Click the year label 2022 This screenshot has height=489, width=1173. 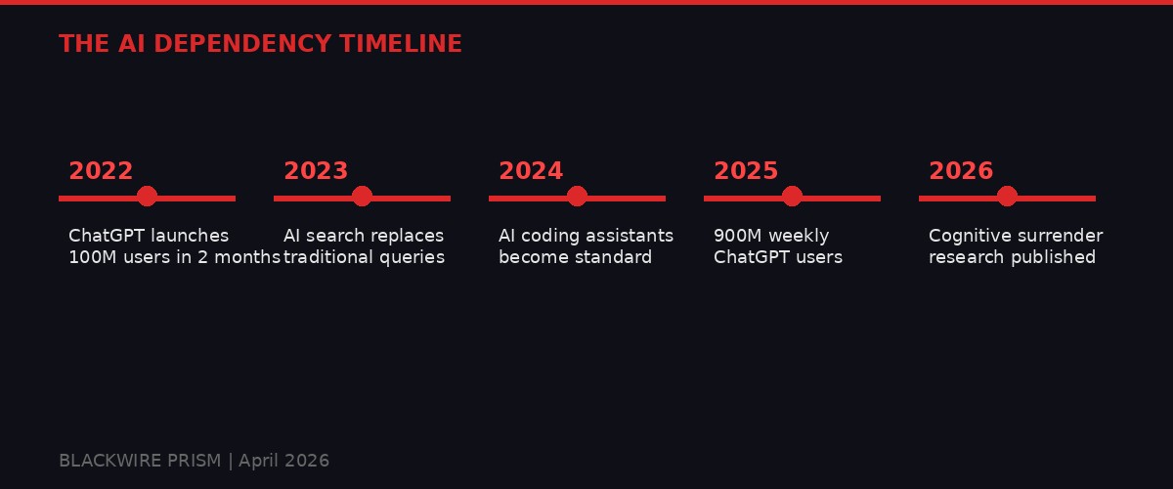(101, 171)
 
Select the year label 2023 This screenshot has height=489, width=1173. (316, 171)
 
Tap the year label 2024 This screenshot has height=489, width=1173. (531, 171)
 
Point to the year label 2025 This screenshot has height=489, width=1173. (746, 171)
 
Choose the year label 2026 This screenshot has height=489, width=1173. (961, 171)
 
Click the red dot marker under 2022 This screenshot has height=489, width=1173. (147, 197)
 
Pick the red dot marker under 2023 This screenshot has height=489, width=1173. (362, 197)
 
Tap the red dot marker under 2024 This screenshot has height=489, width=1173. (577, 197)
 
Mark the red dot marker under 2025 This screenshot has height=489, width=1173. (792, 197)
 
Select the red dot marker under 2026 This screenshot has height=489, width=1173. (1007, 197)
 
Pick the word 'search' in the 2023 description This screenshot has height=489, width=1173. (335, 236)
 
